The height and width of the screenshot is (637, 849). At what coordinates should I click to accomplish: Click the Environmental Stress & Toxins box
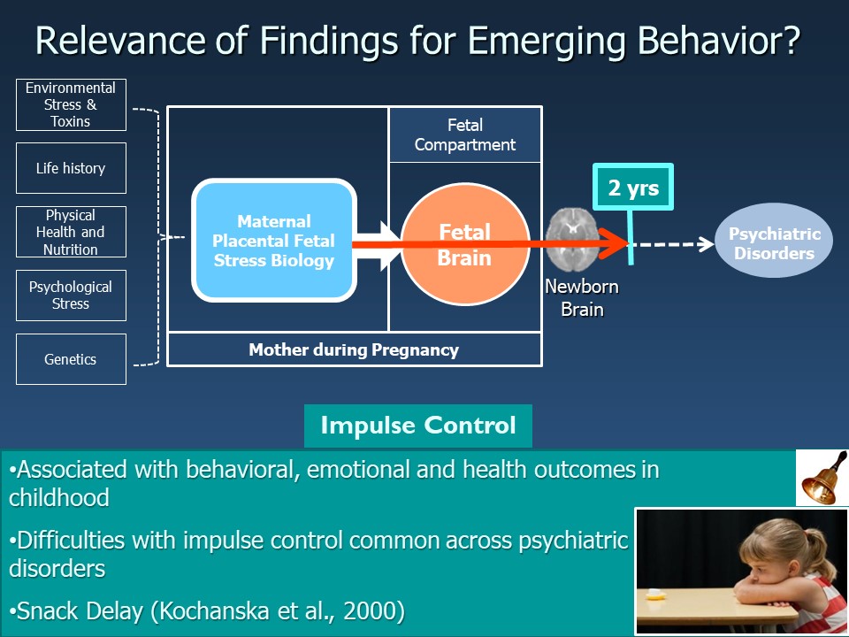(71, 104)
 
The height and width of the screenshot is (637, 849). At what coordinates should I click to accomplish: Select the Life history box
(71, 168)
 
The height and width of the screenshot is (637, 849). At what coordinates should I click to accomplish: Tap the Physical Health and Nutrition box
(71, 232)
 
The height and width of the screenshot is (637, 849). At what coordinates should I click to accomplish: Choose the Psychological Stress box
(71, 295)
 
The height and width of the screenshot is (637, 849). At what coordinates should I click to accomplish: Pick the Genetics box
(71, 359)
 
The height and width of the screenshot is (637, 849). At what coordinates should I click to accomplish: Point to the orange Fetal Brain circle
(464, 243)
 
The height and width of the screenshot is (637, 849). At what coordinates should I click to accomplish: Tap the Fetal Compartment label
(465, 134)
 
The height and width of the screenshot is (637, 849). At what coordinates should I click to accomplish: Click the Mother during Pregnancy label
(354, 349)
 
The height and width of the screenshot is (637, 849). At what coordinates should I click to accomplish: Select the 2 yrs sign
(633, 188)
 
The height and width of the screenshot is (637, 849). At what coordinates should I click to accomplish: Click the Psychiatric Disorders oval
(774, 244)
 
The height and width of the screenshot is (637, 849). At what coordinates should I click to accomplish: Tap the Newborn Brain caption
(581, 298)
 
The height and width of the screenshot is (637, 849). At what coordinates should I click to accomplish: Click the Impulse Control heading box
(417, 426)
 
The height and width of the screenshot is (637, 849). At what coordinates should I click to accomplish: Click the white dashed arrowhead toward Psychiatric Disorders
(705, 244)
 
